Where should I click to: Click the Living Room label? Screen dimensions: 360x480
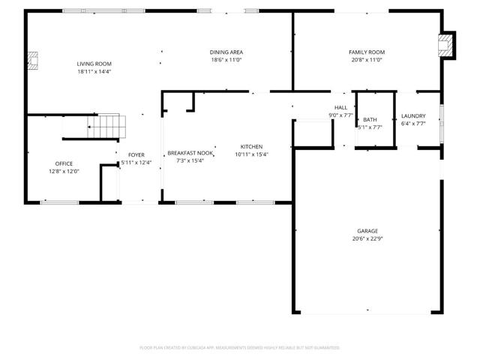pyautogui.click(x=95, y=64)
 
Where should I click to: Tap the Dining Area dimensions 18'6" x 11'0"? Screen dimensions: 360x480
pyautogui.click(x=226, y=59)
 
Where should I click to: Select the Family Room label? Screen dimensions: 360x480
pyautogui.click(x=367, y=52)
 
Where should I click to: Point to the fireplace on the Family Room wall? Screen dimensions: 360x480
pyautogui.click(x=447, y=46)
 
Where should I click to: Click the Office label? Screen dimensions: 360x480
pyautogui.click(x=64, y=163)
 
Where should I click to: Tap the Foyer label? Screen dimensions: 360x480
pyautogui.click(x=136, y=154)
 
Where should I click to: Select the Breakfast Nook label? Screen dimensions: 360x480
pyautogui.click(x=190, y=152)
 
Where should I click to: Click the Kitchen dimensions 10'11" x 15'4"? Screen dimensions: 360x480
pyautogui.click(x=251, y=154)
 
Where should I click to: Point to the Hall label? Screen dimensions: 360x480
pyautogui.click(x=340, y=108)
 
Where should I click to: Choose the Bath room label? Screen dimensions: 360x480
pyautogui.click(x=370, y=119)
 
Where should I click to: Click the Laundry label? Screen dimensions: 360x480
pyautogui.click(x=412, y=115)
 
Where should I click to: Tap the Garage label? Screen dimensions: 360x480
pyautogui.click(x=367, y=231)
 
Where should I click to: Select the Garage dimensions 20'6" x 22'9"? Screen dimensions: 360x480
pyautogui.click(x=367, y=238)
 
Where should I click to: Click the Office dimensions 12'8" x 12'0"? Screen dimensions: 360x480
pyautogui.click(x=64, y=171)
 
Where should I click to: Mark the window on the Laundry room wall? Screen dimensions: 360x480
pyautogui.click(x=441, y=117)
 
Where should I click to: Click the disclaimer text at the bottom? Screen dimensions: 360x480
pyautogui.click(x=240, y=347)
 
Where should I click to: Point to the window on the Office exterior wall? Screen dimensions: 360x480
pyautogui.click(x=59, y=202)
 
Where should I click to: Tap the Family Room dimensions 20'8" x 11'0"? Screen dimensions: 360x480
pyautogui.click(x=367, y=59)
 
